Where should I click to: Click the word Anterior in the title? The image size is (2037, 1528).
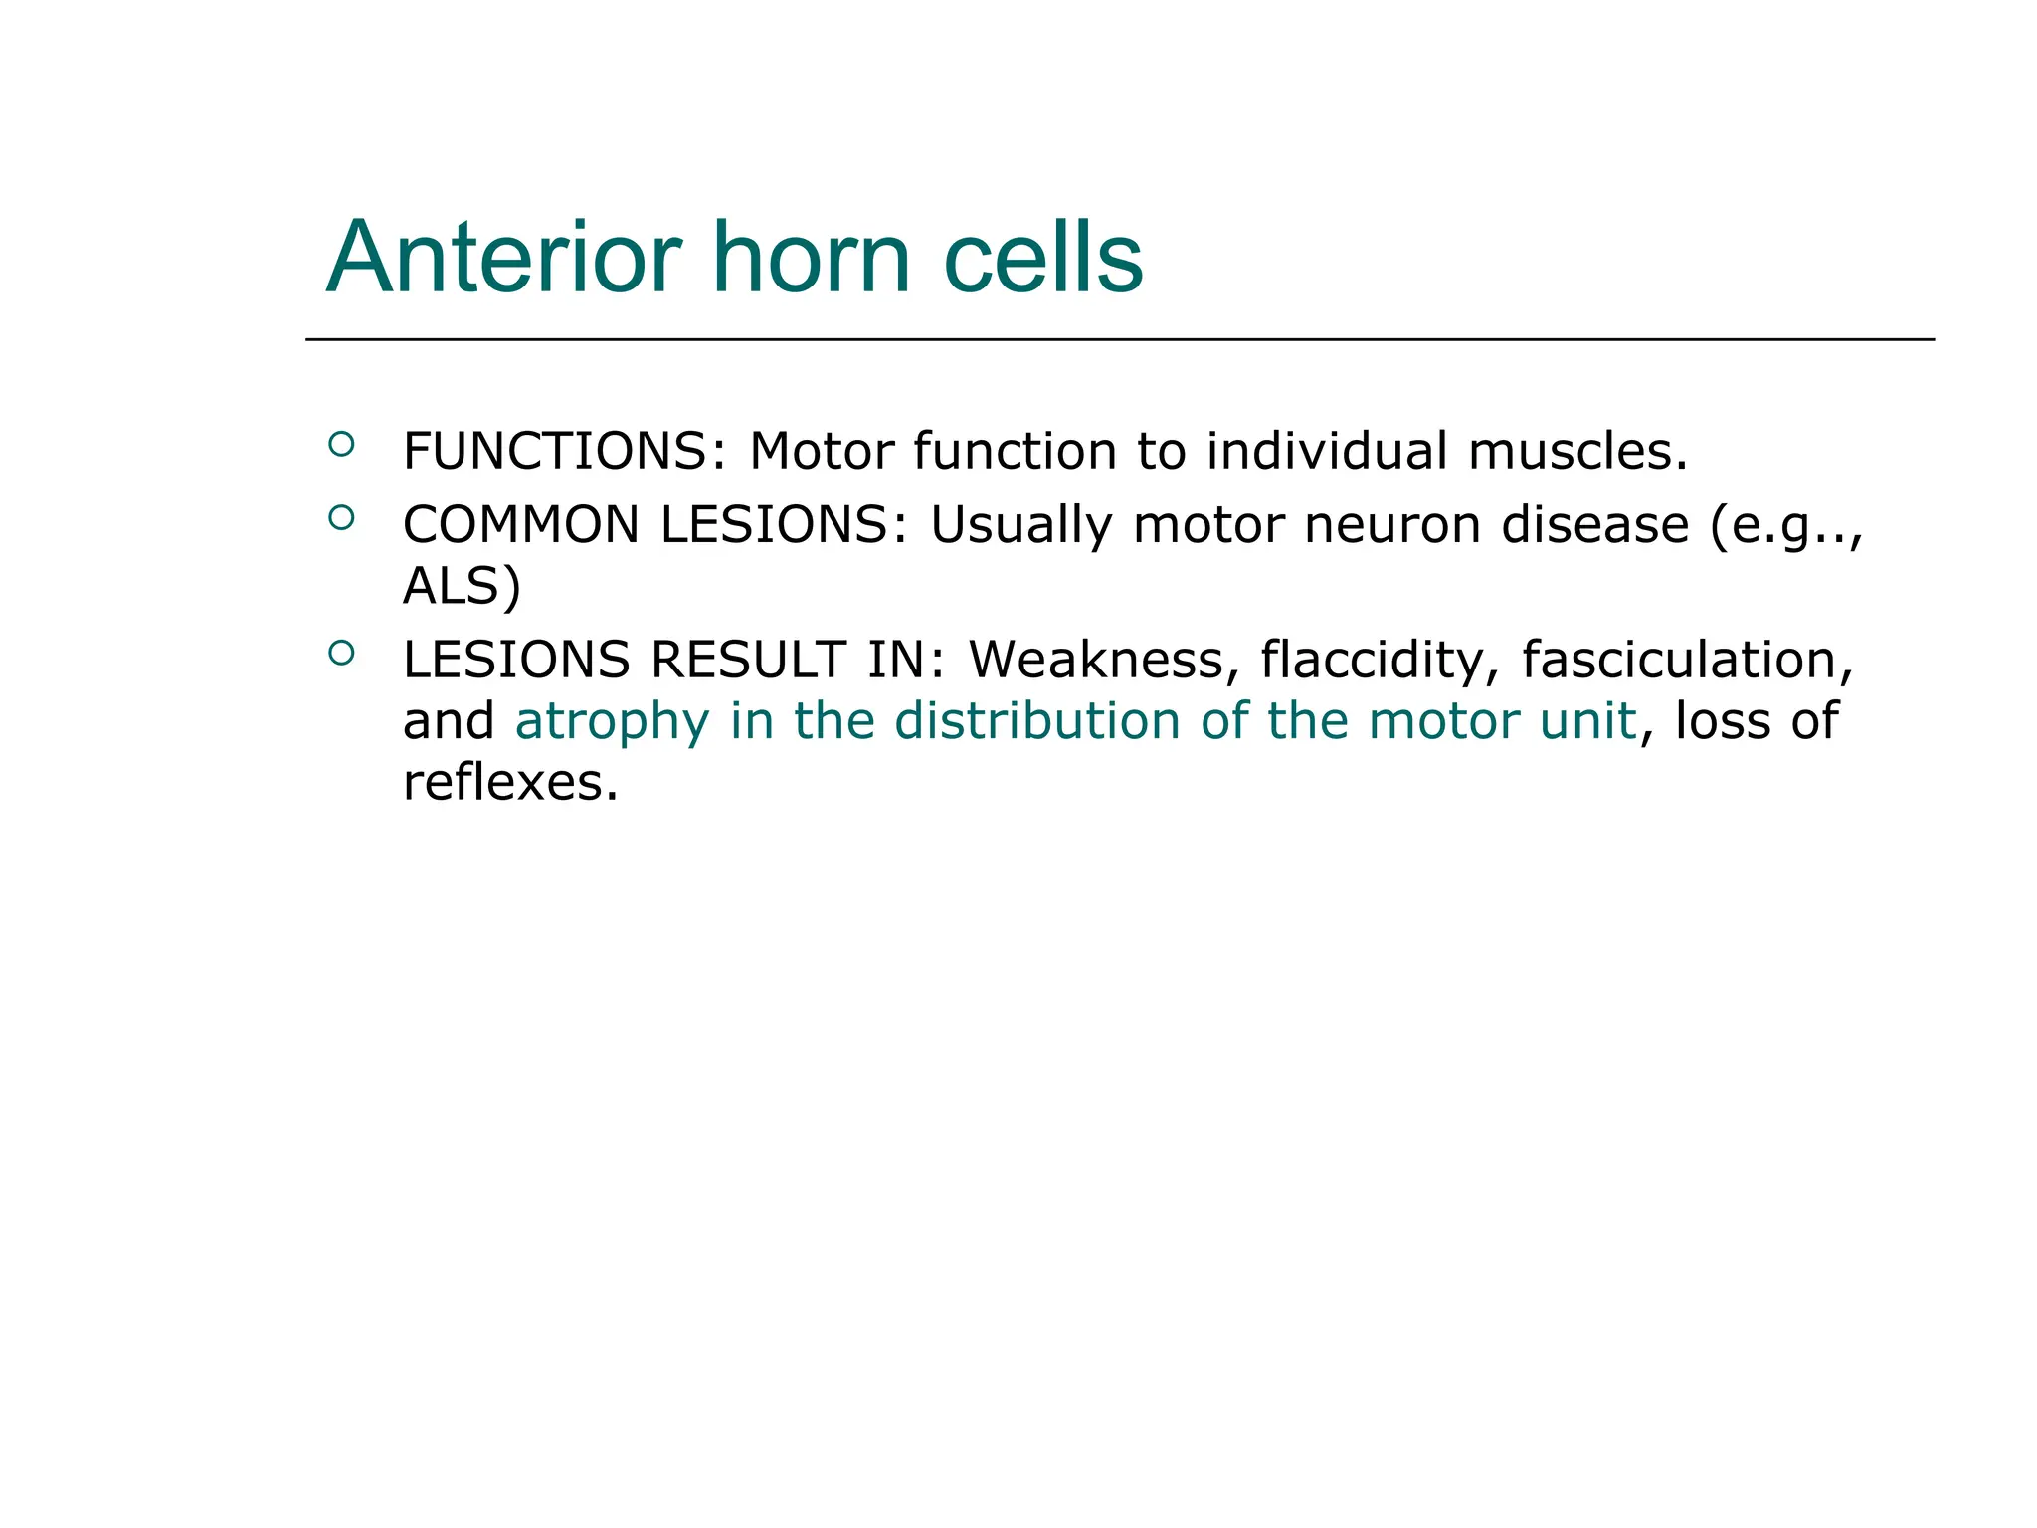[x=504, y=258]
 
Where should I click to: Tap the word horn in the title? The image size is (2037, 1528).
[x=812, y=258]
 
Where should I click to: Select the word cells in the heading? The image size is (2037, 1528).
[x=1043, y=258]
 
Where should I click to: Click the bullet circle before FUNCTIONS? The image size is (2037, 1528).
[x=341, y=444]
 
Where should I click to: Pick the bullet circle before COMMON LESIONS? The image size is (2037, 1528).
[x=341, y=517]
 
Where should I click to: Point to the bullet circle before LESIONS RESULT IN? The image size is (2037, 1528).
[x=341, y=653]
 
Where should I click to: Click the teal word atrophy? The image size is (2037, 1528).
[x=612, y=721]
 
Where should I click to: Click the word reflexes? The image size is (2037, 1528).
[x=510, y=783]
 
